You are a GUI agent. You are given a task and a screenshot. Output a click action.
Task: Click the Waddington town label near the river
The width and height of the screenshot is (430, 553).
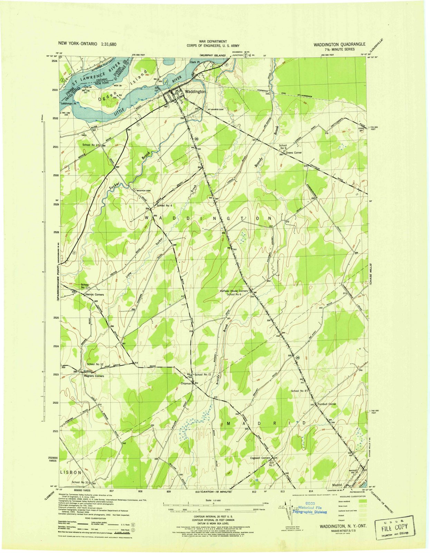(195, 92)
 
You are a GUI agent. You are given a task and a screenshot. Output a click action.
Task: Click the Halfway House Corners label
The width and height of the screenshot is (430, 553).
(234, 291)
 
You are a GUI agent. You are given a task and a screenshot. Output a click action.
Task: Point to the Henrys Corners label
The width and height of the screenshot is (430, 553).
(94, 295)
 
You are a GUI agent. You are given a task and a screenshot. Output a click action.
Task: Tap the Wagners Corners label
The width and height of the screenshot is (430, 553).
(94, 376)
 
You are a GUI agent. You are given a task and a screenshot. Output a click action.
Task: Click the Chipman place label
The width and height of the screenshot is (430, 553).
(186, 383)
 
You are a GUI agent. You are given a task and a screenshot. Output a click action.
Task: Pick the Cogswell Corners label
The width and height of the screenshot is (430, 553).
(260, 458)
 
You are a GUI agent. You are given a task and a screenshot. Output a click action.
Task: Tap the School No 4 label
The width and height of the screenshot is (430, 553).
(164, 206)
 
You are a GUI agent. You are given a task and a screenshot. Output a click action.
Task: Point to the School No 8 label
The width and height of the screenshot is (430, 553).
(299, 391)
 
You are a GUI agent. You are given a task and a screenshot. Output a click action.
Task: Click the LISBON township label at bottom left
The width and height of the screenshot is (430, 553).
(71, 472)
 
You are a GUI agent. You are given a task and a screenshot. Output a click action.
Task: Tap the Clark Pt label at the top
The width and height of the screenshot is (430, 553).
(195, 62)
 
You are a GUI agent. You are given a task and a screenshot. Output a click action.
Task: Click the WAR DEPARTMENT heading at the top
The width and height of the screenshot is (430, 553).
(208, 41)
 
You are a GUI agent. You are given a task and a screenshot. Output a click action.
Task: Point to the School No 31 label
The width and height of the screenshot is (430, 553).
(81, 482)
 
